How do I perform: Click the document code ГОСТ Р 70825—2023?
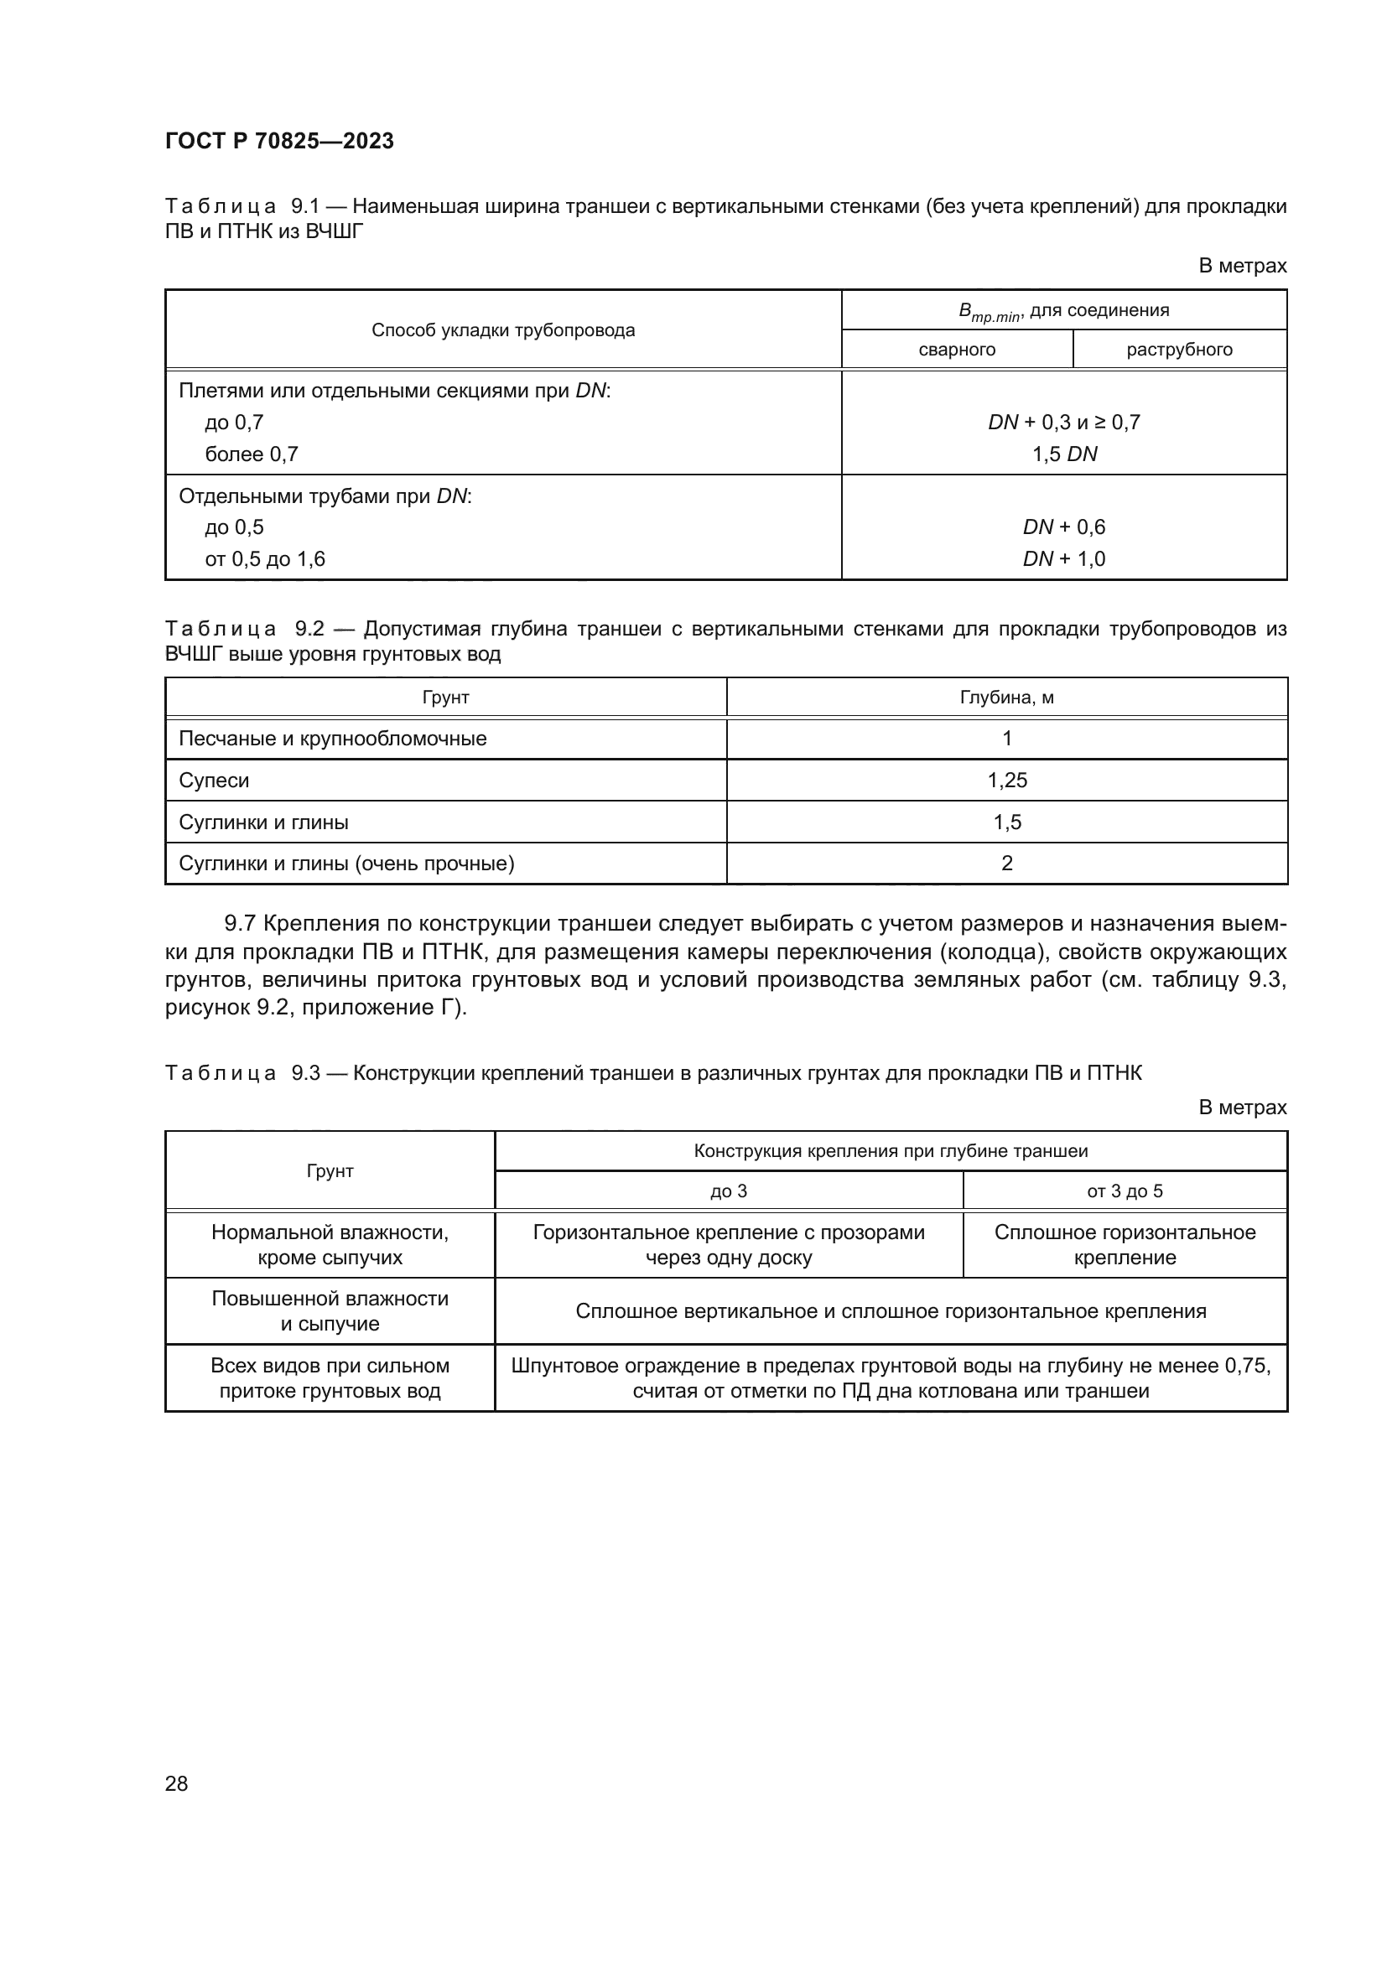click(279, 141)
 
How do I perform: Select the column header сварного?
click(957, 350)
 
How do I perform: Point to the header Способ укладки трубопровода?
click(503, 330)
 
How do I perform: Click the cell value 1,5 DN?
click(1064, 454)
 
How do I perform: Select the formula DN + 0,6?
click(1064, 527)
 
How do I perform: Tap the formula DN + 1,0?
click(1064, 558)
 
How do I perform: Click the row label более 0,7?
click(251, 454)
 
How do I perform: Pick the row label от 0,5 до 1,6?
click(265, 558)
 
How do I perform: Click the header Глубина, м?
click(1006, 698)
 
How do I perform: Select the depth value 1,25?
click(1007, 780)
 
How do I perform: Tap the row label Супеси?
click(214, 780)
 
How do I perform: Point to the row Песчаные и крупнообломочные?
click(332, 738)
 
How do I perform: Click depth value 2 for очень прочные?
click(1007, 863)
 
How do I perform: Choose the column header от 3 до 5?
click(1124, 1191)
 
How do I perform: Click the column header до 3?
click(728, 1191)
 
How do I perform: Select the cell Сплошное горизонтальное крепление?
click(1124, 1244)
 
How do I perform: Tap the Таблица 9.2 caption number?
click(309, 629)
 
